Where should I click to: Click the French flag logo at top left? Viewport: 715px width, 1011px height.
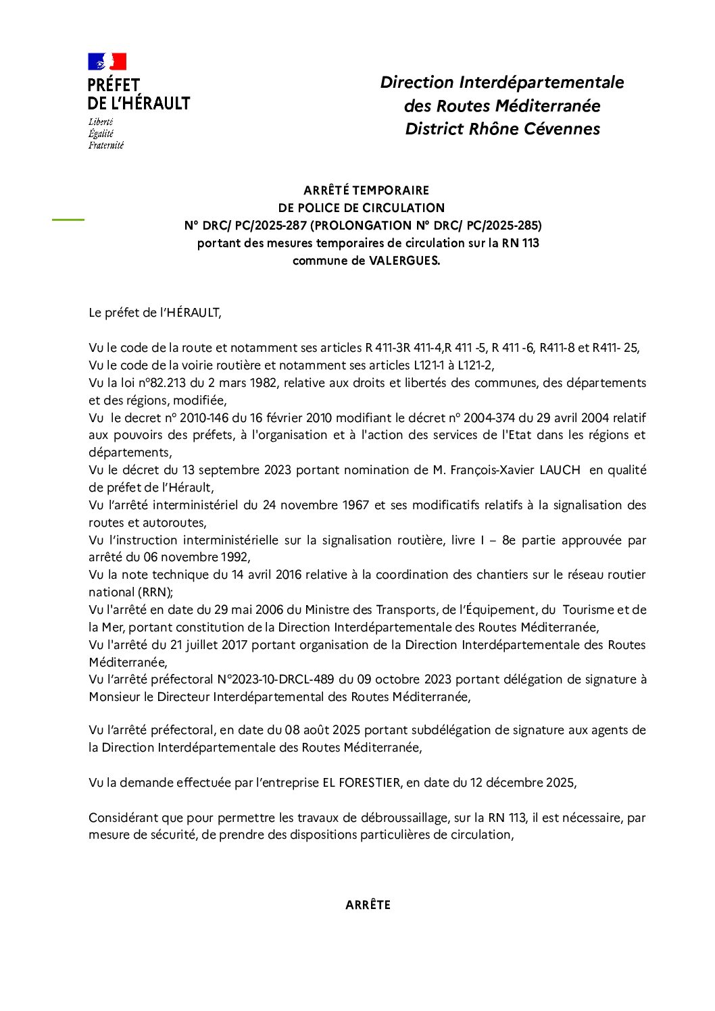point(107,62)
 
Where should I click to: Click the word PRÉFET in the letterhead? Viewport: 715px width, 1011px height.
point(114,86)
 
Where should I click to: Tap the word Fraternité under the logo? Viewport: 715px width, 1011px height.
point(106,145)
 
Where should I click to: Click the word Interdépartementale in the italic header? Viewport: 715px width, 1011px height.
point(541,82)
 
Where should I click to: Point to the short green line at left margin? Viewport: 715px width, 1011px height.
point(68,219)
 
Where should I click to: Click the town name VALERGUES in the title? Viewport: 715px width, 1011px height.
point(404,261)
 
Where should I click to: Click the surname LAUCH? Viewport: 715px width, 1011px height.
point(560,470)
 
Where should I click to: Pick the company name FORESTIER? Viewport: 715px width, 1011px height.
point(370,783)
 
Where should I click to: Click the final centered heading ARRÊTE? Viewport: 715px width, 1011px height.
point(368,905)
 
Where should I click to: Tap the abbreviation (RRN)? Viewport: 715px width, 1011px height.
point(155,592)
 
